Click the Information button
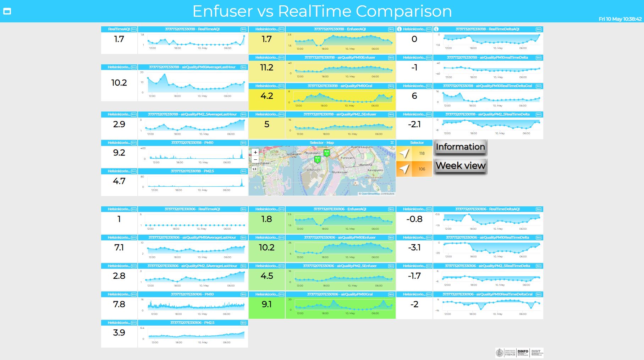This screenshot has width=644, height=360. (x=460, y=147)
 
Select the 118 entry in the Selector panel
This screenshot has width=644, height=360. (x=414, y=153)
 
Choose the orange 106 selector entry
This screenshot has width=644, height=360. (x=414, y=169)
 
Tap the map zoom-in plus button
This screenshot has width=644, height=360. (x=255, y=152)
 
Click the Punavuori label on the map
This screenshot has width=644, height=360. (x=347, y=158)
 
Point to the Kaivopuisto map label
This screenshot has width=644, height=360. (x=375, y=170)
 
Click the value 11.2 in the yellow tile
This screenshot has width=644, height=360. (x=266, y=67)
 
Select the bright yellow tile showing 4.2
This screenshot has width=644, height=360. (x=266, y=96)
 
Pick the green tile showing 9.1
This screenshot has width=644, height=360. (x=266, y=304)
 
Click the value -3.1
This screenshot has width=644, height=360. (x=414, y=247)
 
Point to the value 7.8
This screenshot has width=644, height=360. (x=119, y=304)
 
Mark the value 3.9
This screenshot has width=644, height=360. (x=119, y=333)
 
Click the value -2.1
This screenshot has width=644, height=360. (x=414, y=124)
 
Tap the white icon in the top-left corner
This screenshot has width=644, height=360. (x=7, y=11)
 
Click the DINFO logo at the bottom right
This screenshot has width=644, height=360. (x=523, y=353)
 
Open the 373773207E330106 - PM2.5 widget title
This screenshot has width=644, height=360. (x=192, y=323)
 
